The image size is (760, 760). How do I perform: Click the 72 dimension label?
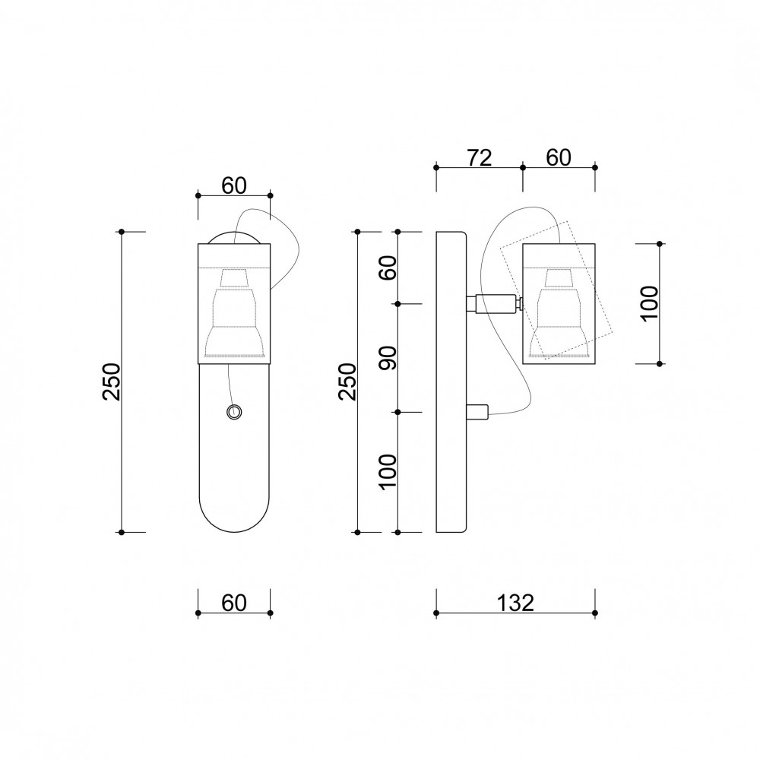pos(480,158)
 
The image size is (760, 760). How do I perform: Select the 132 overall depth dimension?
pos(516,603)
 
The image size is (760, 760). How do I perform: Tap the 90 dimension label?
pos(388,358)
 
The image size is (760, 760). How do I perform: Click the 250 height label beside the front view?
pos(112,382)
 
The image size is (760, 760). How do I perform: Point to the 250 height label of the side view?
pos(347,382)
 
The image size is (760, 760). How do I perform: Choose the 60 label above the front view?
pos(234,185)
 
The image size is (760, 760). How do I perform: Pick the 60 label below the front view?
pos(234,603)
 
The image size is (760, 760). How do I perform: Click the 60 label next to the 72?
pos(559,158)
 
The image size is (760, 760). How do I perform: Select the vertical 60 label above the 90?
pos(388,268)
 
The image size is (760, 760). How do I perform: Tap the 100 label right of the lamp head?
pos(650,303)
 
